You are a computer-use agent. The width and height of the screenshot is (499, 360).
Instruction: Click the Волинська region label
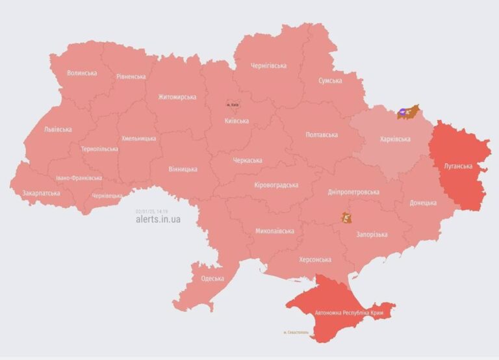click(x=82, y=73)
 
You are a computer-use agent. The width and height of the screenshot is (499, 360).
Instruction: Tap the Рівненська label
click(x=131, y=77)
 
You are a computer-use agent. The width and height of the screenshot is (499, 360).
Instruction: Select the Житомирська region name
click(x=177, y=97)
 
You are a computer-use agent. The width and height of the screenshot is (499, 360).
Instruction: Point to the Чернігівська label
click(x=268, y=66)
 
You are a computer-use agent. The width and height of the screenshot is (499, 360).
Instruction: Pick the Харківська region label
click(x=395, y=139)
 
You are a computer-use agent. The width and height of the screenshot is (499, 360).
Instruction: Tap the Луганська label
click(x=458, y=166)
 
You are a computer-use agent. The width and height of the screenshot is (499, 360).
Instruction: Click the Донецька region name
click(x=423, y=203)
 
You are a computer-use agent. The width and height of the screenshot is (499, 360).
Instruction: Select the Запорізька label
click(x=372, y=235)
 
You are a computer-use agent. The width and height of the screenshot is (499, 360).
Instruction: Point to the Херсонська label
click(x=314, y=260)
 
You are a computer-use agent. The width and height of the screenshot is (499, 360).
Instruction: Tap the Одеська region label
click(x=212, y=279)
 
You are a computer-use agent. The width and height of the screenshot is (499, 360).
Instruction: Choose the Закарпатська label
click(x=41, y=193)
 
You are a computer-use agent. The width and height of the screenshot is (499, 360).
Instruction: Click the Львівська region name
click(x=58, y=129)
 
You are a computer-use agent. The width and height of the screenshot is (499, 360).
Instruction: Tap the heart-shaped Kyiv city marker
click(x=232, y=104)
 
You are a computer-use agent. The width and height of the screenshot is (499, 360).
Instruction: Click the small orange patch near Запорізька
click(x=346, y=217)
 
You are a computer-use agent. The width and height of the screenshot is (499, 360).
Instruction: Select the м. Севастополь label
click(x=297, y=333)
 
